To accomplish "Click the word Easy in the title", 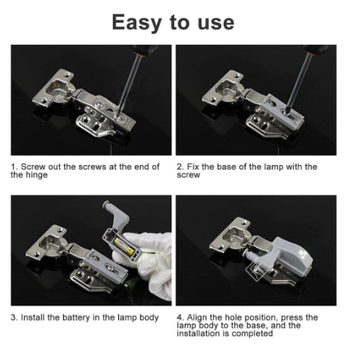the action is tap(136, 23).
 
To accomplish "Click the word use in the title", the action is tap(216, 23).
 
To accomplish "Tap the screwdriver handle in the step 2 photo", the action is tap(315, 49).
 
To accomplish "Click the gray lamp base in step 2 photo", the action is tap(282, 112).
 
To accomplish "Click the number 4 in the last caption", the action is tap(179, 318).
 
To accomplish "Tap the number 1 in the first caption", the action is tap(13, 167).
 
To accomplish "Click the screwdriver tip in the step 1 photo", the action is tap(117, 114).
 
